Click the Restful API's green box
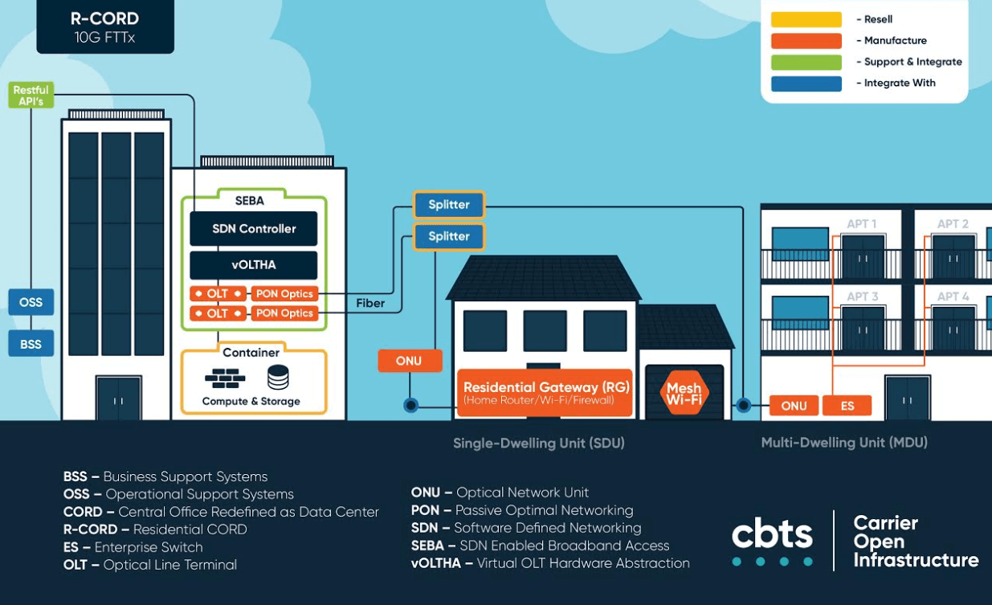point(31,95)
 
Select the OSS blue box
point(31,302)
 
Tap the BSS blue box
point(31,343)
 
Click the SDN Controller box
point(254,228)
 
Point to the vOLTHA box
point(254,265)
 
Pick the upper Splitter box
point(449,205)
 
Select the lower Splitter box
point(449,236)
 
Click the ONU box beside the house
point(410,361)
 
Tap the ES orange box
point(847,406)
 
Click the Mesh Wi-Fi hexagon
point(684,393)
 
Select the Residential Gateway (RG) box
point(545,393)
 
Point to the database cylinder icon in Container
point(278,377)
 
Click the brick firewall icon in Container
point(225,378)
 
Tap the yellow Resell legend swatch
point(806,19)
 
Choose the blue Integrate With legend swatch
point(806,84)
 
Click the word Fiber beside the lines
point(370,304)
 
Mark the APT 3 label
point(862,296)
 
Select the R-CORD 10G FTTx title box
point(105,27)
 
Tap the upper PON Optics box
point(285,293)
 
